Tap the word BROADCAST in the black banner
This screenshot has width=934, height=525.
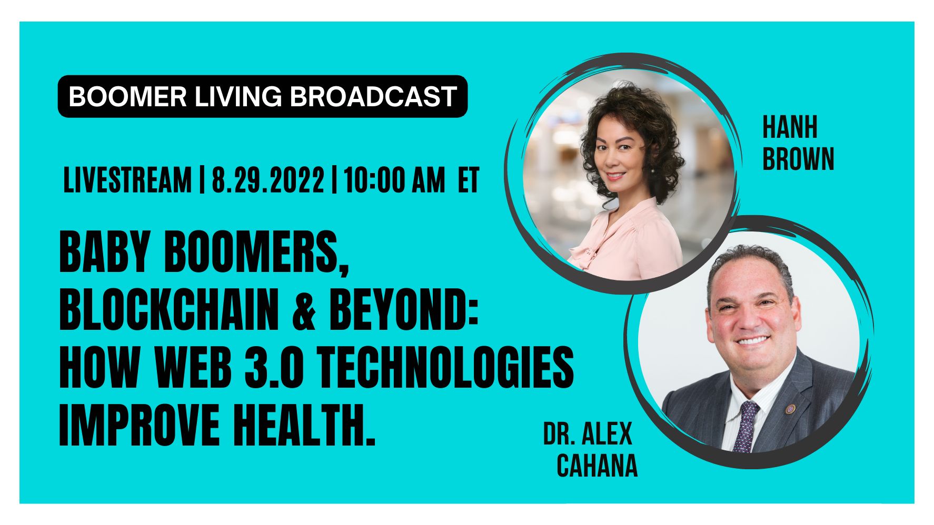coord(373,96)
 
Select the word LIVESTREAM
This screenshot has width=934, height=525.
coord(127,180)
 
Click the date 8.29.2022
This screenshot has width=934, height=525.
coord(268,180)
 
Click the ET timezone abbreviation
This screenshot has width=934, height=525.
coord(469,180)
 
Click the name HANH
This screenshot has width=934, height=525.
coord(790,128)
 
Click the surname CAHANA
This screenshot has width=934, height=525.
coord(597,465)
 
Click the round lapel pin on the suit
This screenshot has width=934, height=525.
coord(790,409)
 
